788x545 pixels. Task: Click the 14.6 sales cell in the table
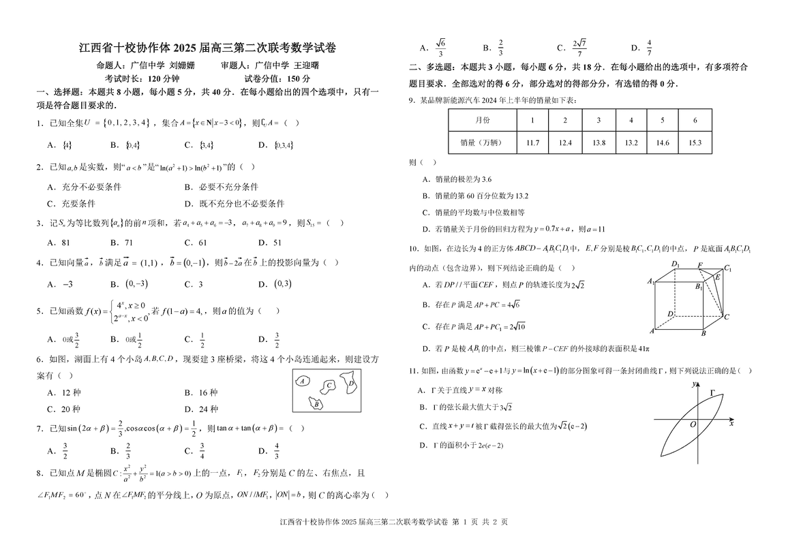[x=663, y=142]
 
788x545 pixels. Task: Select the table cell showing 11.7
[x=533, y=142]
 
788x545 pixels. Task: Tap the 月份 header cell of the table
[x=482, y=120]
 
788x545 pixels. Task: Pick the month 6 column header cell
[x=695, y=120]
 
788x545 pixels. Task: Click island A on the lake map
[x=301, y=381]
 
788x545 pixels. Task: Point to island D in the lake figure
[x=350, y=383]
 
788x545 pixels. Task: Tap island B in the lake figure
[x=316, y=404]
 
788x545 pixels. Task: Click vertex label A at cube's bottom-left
[x=652, y=330]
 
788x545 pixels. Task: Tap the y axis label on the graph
[x=693, y=384]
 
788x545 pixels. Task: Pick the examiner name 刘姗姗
[x=182, y=65]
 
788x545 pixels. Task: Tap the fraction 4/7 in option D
[x=649, y=48]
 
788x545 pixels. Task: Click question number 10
[x=413, y=249]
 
